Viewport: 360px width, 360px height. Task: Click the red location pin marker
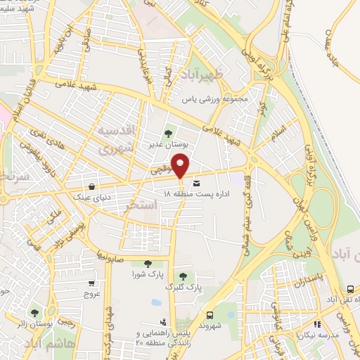coord(181,167)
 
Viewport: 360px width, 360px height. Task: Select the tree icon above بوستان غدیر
coord(167,131)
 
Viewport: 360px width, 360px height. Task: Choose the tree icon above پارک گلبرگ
coord(184,276)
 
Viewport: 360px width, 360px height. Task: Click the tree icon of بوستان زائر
coord(34,312)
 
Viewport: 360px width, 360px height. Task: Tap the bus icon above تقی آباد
coord(350,289)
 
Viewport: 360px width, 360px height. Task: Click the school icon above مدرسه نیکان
coord(318,324)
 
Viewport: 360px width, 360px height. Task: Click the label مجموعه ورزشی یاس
coord(216,100)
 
